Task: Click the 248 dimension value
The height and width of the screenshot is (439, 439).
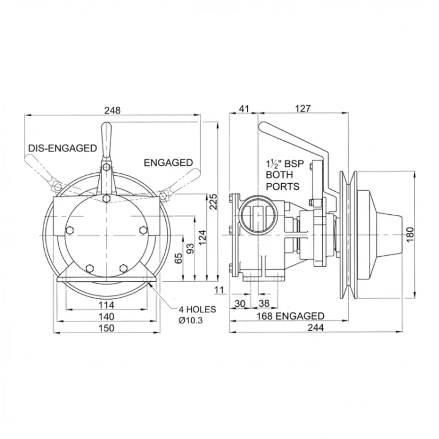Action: coord(112,110)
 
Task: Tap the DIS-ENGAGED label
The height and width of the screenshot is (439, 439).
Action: coord(63,148)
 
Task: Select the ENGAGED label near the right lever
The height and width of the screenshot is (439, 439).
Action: coord(168,163)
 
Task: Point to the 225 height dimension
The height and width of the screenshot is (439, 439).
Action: coord(213,202)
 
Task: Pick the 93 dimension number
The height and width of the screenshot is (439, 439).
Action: coord(191,248)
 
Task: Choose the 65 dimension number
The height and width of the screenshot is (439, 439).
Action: coord(179,258)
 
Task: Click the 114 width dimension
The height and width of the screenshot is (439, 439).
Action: coord(106,305)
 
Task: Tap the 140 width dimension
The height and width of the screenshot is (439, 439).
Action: coord(106,317)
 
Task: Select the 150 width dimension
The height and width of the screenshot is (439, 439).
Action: coord(106,328)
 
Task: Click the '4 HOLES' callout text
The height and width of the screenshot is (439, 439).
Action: coord(197,309)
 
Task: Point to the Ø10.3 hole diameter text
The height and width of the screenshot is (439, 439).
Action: coord(191,320)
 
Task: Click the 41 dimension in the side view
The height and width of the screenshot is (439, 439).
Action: coord(244,109)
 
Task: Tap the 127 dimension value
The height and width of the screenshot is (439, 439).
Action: coord(303,109)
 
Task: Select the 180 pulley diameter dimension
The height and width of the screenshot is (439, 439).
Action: coord(410,234)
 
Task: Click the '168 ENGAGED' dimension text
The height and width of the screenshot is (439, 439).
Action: coord(290,316)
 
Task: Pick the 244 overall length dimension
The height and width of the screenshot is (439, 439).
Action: coord(315,327)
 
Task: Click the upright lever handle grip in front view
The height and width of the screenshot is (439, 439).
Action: coord(106,141)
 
